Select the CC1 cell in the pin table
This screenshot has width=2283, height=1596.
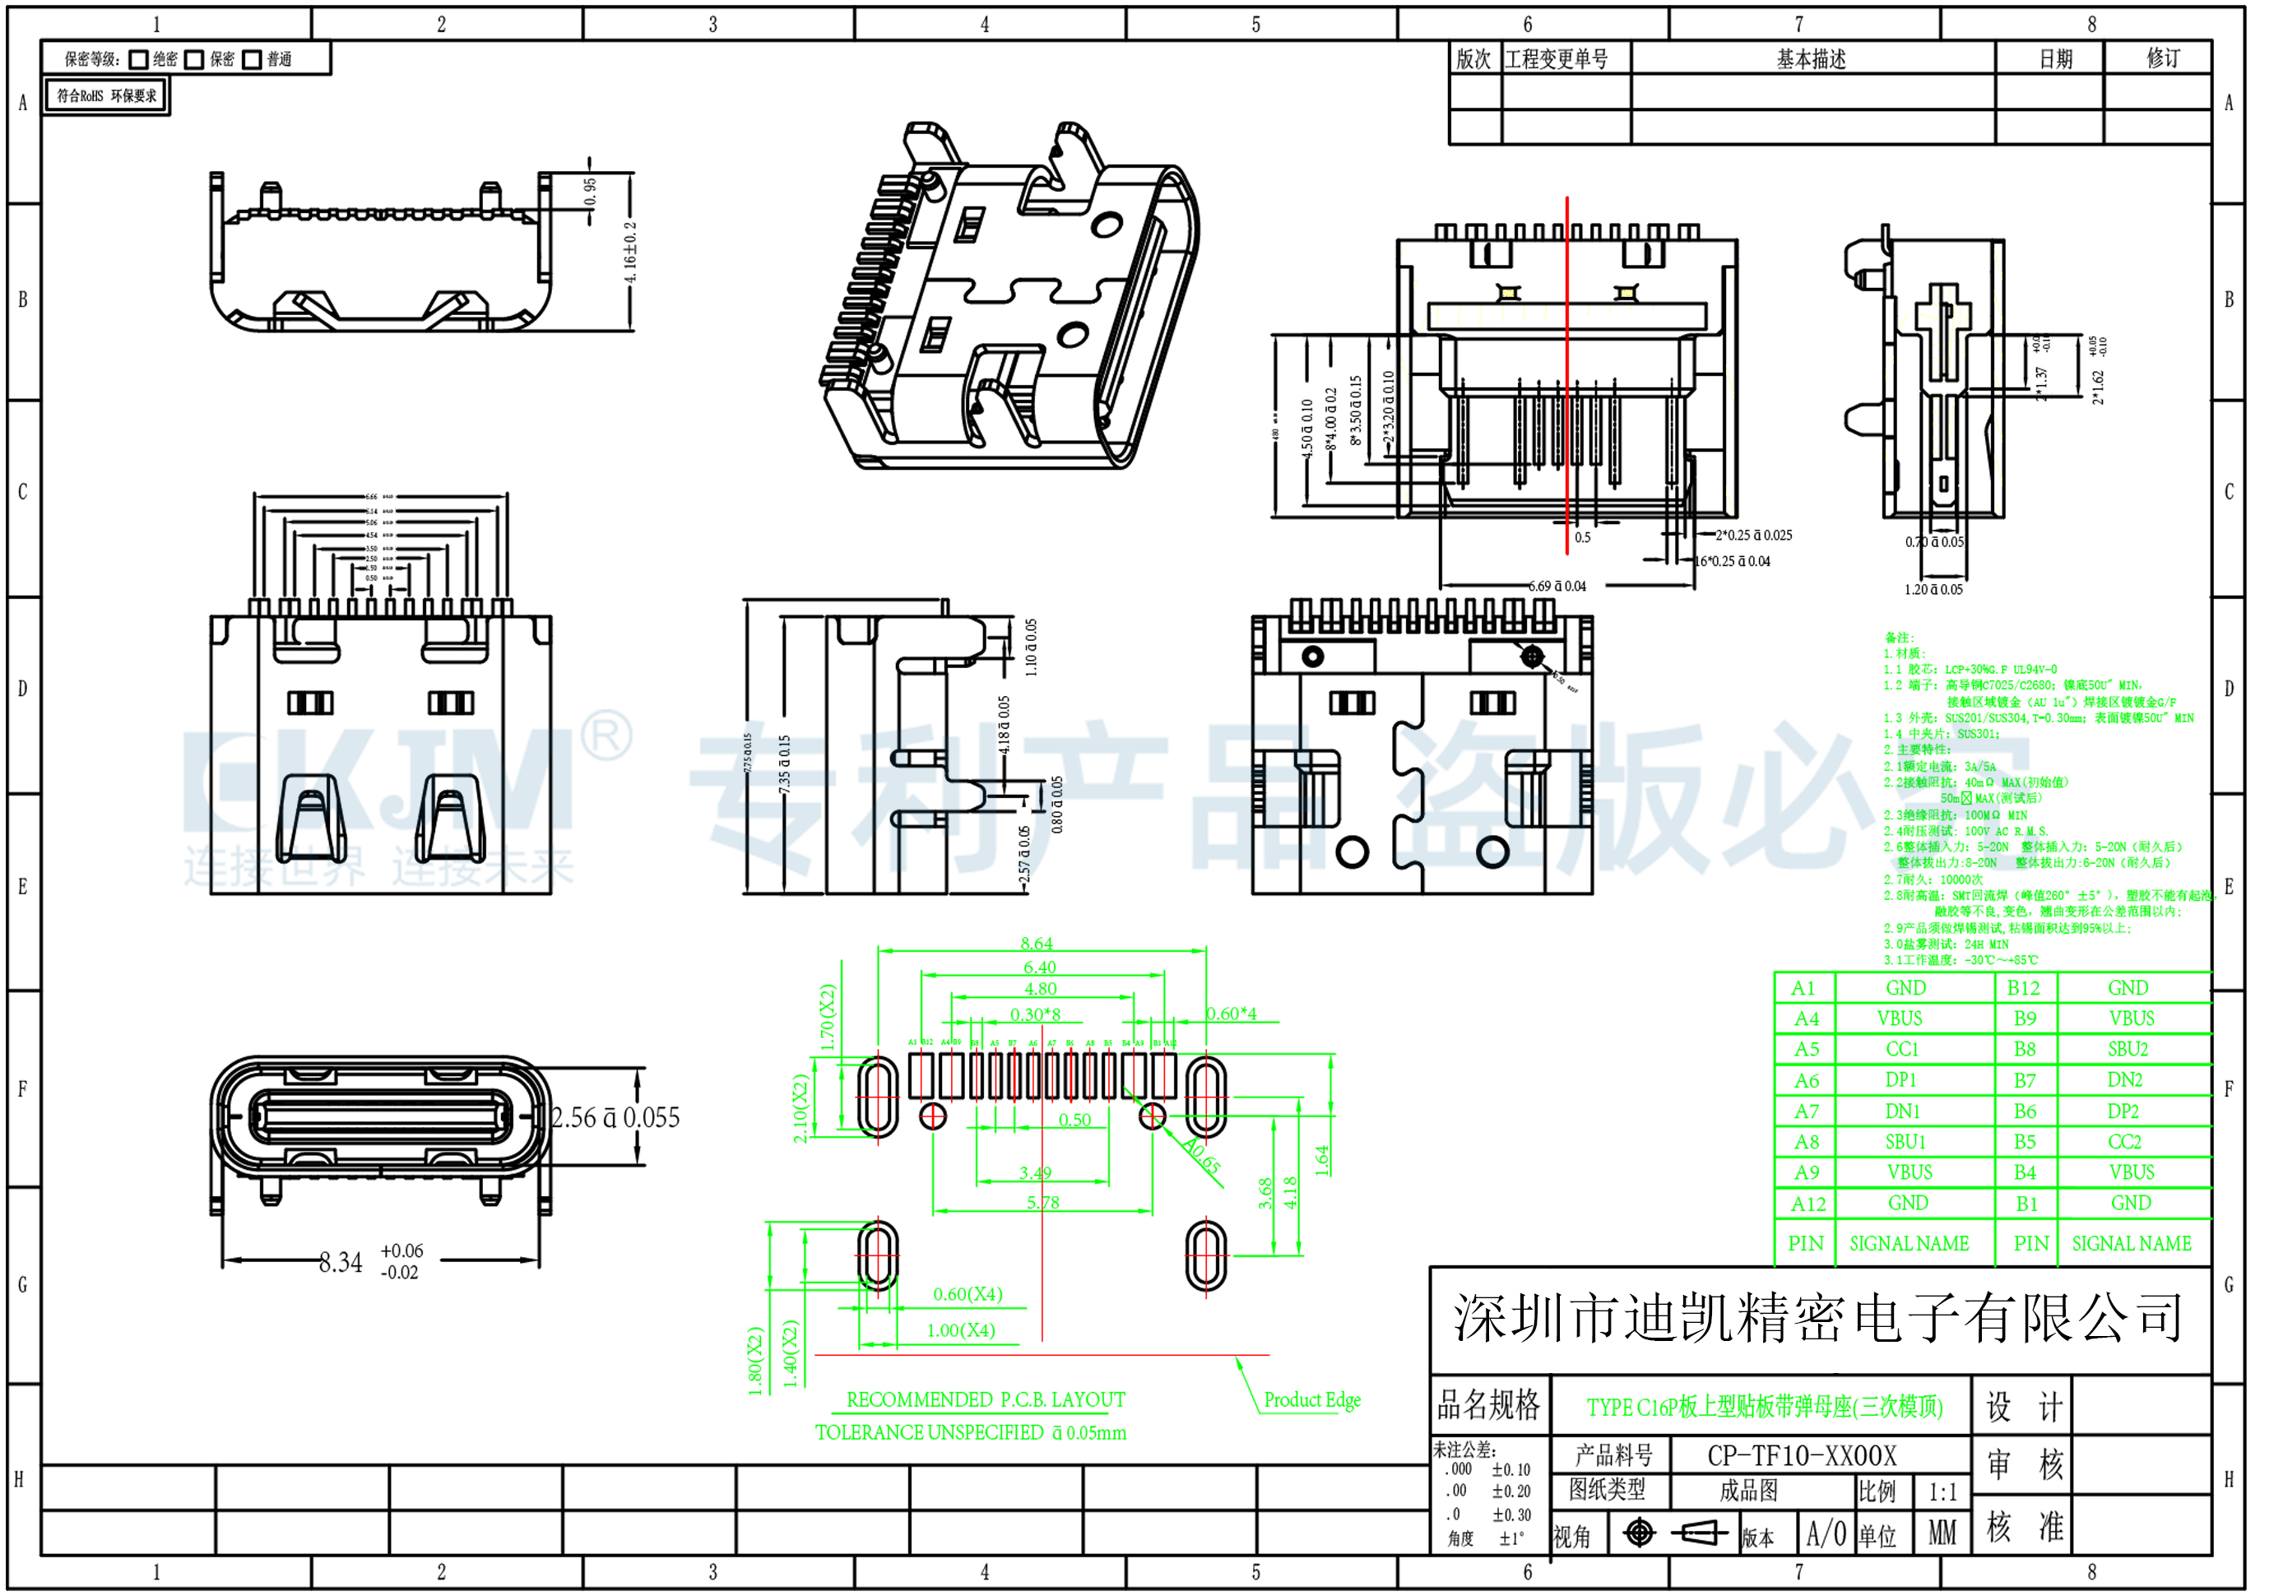(x=1901, y=1049)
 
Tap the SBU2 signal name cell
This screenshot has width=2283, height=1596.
(x=2127, y=1049)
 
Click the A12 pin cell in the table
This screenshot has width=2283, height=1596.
(x=1807, y=1204)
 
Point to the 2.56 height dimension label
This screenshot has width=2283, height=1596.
(x=615, y=1118)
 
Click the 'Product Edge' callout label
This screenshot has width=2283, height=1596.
(x=1311, y=1400)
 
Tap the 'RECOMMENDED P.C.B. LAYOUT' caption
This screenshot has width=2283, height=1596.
(x=985, y=1400)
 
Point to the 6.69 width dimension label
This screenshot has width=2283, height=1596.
(x=1557, y=586)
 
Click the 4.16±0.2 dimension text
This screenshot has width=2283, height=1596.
(x=630, y=252)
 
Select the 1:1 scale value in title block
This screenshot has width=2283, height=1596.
(x=1942, y=1492)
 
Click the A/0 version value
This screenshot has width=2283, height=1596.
(x=1826, y=1534)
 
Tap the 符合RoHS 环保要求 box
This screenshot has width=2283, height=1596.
(x=106, y=96)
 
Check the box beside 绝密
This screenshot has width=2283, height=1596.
(x=139, y=60)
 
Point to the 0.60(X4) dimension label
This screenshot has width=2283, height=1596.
(x=967, y=1294)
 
